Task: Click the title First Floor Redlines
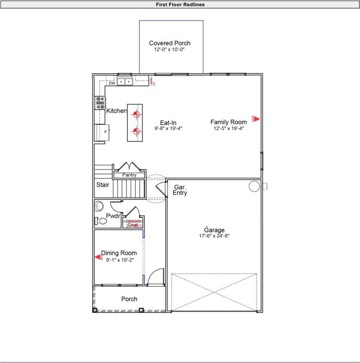pos(180,4)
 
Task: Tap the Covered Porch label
pos(170,43)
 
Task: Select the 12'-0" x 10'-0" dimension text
pos(169,49)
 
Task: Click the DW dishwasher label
pos(111,83)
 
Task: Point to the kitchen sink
pos(125,82)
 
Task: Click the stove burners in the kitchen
pos(100,102)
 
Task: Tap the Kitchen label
pos(116,111)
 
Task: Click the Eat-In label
pos(168,123)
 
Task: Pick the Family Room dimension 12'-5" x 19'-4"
pos(229,128)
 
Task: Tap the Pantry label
pos(129,175)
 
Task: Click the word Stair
pos(103,184)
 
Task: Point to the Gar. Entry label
pos(180,190)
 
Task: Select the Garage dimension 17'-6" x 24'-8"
pos(215,236)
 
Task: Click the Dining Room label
pos(119,253)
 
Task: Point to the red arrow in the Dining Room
pos(99,257)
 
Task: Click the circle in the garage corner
pos(254,186)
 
